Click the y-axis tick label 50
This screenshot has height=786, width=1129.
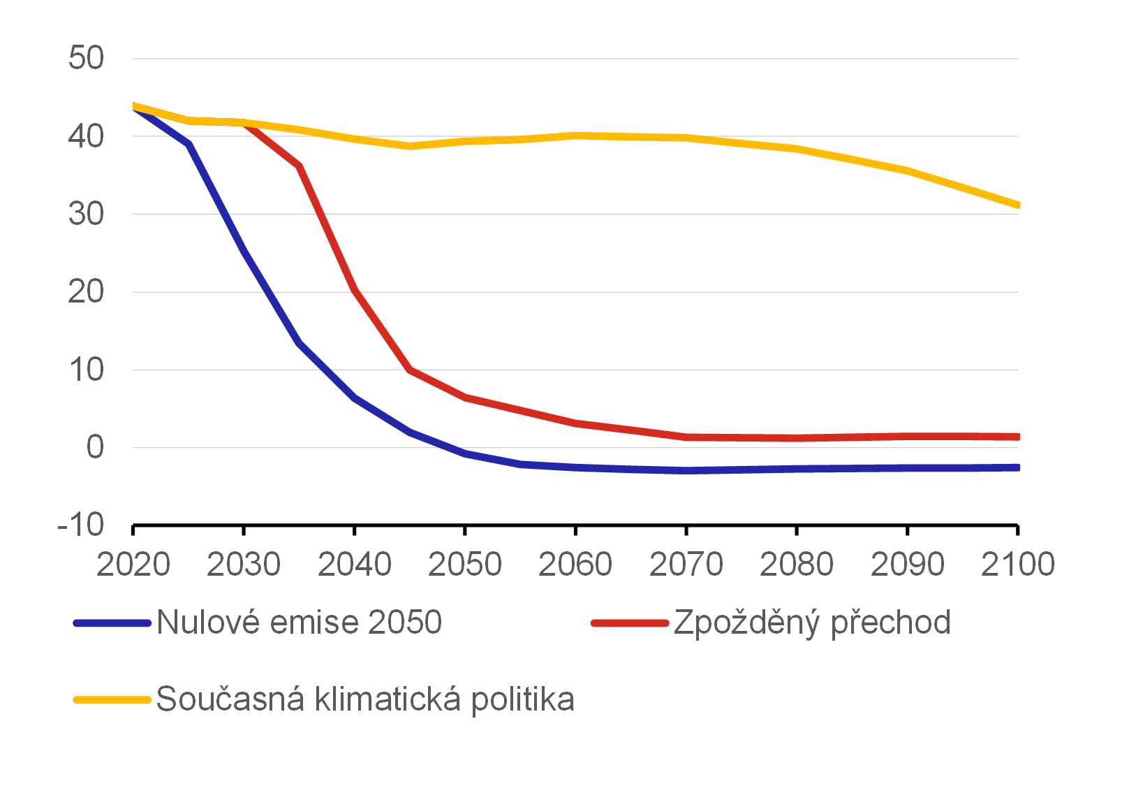point(86,58)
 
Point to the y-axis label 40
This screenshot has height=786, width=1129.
point(86,136)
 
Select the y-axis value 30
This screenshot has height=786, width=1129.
point(86,214)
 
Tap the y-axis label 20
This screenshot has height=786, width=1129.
point(86,292)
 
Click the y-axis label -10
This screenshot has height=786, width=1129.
point(81,524)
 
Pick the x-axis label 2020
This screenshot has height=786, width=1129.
point(133,565)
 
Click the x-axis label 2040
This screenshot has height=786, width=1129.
point(355,565)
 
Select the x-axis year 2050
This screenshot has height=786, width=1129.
point(465,565)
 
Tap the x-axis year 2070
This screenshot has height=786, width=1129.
point(686,565)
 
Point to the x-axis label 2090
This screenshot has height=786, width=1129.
point(908,565)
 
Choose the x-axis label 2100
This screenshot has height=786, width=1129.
point(1017,565)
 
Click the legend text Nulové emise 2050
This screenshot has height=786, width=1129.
point(299,622)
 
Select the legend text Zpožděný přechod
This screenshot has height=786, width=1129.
point(812,622)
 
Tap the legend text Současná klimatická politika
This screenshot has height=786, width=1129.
point(365,699)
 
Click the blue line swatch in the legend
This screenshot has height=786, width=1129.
point(112,623)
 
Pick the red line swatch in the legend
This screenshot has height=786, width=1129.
point(630,623)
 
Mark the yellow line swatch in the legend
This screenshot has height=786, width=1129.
point(112,699)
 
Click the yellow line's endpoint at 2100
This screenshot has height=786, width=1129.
point(1017,205)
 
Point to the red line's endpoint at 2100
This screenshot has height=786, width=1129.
point(1017,437)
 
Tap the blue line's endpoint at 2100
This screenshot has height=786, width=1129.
point(1017,467)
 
